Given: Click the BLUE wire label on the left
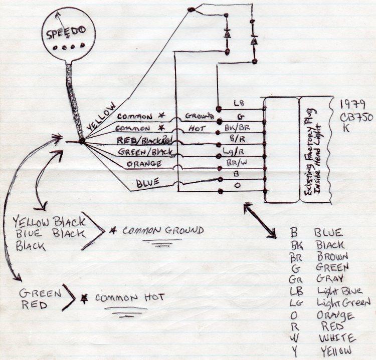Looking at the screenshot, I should pos(148,183).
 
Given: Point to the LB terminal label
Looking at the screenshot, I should pos(239,104).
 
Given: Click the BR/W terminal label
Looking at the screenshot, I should pos(240,162).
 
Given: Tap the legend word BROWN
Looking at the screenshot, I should pos(333,256).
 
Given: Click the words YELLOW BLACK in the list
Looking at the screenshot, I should pos(49,221).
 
